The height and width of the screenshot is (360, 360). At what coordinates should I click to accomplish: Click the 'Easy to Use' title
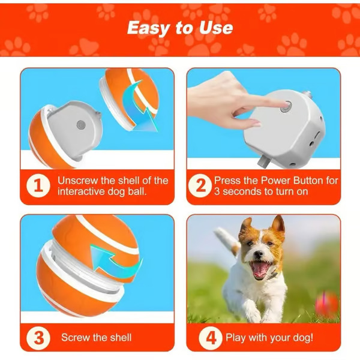coord(180,28)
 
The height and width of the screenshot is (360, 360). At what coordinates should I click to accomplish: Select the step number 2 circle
coord(199,185)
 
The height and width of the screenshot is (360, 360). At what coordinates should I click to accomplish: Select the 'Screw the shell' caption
coord(97,338)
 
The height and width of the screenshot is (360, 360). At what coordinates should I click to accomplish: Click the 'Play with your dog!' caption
coord(269,338)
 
